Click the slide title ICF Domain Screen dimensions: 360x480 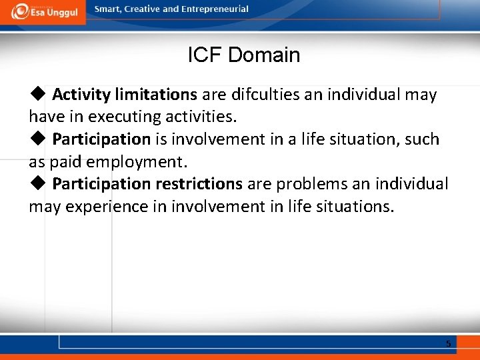pyautogui.click(x=244, y=55)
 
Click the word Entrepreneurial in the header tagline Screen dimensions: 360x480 pyautogui.click(x=215, y=9)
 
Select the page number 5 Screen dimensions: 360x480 pyautogui.click(x=448, y=343)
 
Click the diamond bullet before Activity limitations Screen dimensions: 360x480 pyautogui.click(x=37, y=95)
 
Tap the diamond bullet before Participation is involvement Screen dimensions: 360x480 pyautogui.click(x=37, y=139)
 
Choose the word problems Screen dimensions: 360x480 pyautogui.click(x=308, y=184)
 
